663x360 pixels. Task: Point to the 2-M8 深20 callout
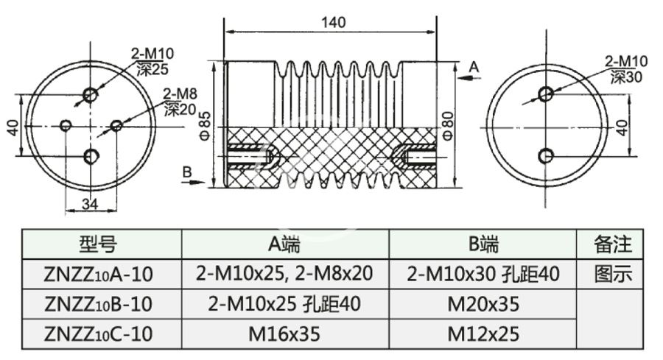point(179,102)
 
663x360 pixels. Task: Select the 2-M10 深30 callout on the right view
point(626,68)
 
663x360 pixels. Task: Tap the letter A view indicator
point(474,67)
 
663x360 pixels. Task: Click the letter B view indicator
point(187,171)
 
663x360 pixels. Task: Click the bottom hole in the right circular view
point(546,155)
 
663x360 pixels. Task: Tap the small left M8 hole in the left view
point(66,126)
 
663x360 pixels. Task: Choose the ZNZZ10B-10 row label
point(98,303)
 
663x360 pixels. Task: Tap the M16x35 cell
point(284,333)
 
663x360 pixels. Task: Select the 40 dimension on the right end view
point(622,126)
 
